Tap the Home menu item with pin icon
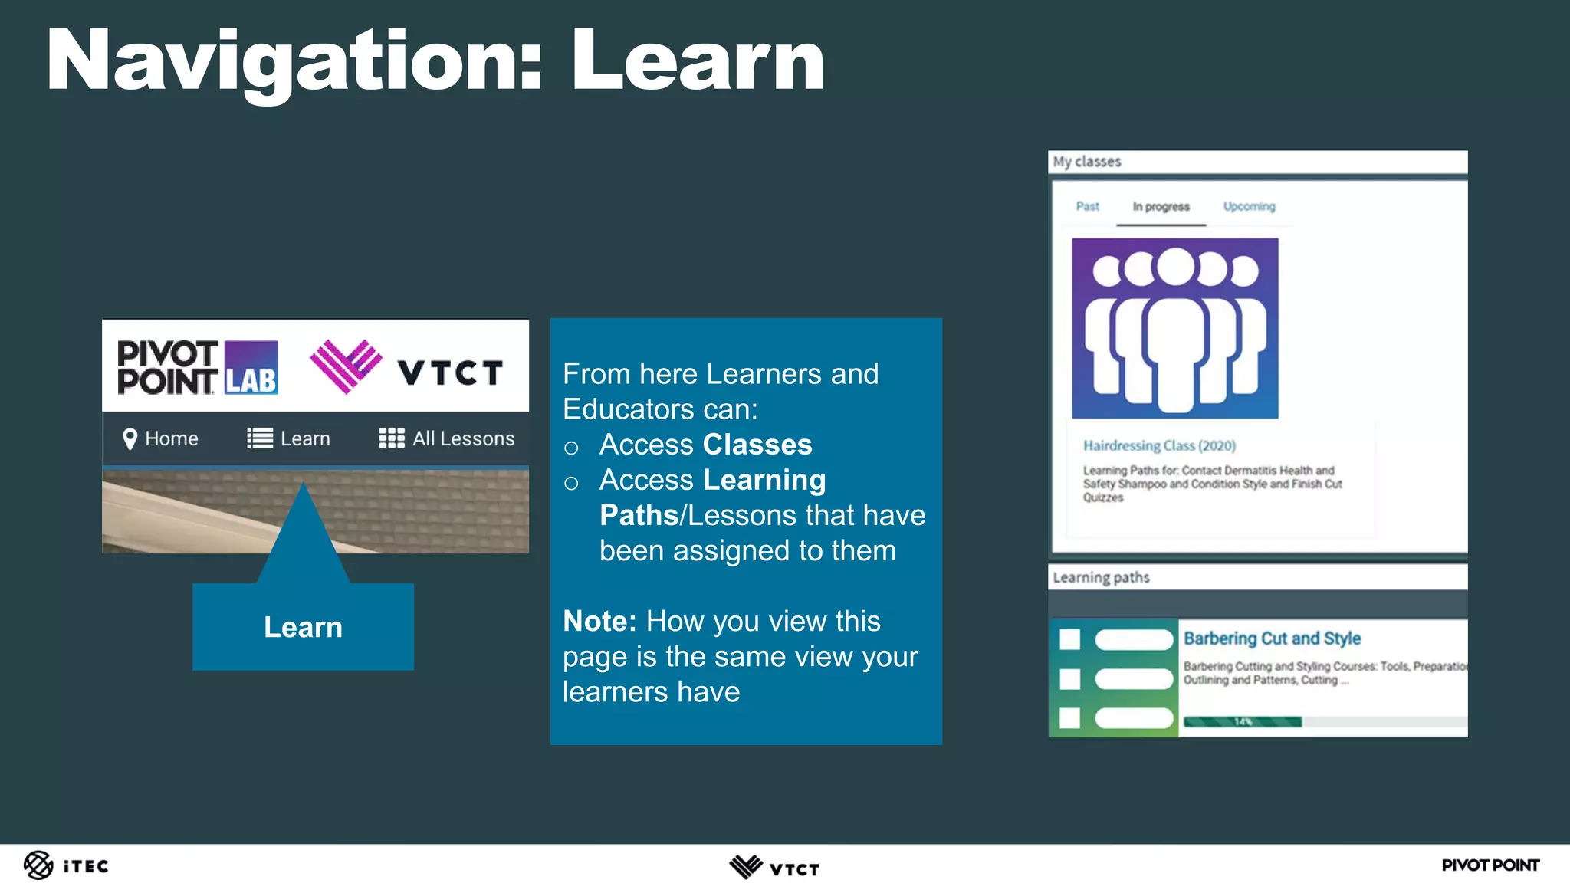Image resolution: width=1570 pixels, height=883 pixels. click(x=160, y=438)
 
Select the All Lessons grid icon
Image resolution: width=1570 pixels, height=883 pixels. click(x=391, y=438)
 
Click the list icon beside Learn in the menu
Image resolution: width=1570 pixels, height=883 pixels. click(x=260, y=438)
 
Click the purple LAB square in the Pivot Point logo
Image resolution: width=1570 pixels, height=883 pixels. click(x=251, y=368)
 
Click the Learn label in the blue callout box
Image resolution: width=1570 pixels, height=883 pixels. click(x=303, y=627)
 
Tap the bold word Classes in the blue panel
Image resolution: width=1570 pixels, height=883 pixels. click(x=757, y=445)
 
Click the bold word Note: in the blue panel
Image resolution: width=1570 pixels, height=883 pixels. click(x=599, y=621)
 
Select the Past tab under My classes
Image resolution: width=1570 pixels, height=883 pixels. click(x=1087, y=206)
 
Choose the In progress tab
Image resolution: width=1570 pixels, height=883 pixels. click(x=1161, y=207)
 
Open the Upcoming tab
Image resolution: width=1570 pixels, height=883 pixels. click(x=1249, y=206)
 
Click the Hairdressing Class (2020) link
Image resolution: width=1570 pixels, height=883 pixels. click(x=1159, y=445)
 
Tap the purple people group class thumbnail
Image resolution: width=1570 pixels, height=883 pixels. click(x=1174, y=328)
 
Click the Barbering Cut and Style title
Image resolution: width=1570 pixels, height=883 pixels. click(x=1272, y=638)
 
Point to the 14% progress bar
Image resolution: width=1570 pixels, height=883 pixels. click(x=1243, y=722)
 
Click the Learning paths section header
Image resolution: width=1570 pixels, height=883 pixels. click(x=1101, y=577)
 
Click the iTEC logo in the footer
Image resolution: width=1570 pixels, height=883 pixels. click(x=66, y=865)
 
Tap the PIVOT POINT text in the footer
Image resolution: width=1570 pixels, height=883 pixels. click(x=1490, y=865)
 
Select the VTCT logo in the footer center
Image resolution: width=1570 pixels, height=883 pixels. click(x=774, y=867)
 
